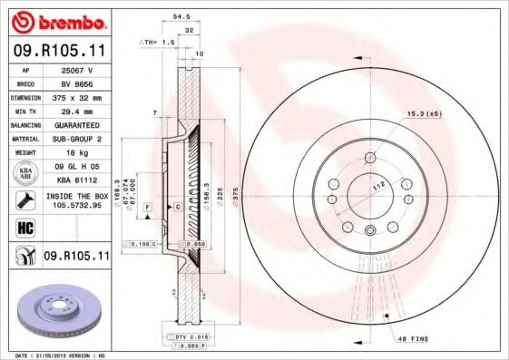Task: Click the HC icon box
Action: (x=24, y=227)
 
